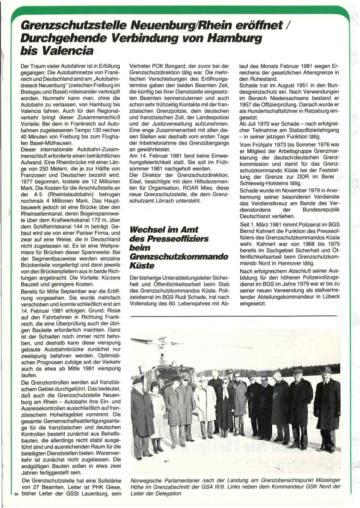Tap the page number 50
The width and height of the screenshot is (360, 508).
coord(11,494)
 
